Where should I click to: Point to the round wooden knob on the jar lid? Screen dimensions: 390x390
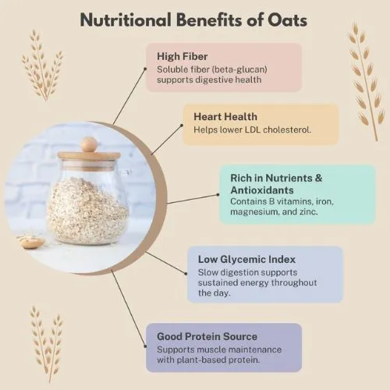click(90, 144)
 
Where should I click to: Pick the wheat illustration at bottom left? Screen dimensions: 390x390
click(46, 342)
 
